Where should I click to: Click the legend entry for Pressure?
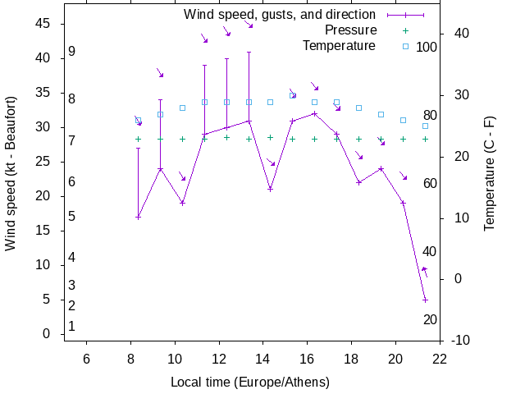click(x=351, y=30)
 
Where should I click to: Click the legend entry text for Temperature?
click(x=339, y=45)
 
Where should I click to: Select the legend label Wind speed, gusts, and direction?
click(x=280, y=15)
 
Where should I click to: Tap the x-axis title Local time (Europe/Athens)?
click(x=250, y=383)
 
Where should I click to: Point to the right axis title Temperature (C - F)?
click(x=490, y=172)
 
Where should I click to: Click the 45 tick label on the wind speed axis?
click(x=43, y=24)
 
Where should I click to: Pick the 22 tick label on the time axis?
click(x=440, y=358)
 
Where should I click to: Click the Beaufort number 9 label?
click(x=72, y=52)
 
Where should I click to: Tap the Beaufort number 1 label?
click(x=72, y=326)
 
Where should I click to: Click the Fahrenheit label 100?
click(x=427, y=47)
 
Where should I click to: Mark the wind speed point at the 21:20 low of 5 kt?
click(x=425, y=300)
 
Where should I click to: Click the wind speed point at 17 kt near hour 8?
click(x=138, y=217)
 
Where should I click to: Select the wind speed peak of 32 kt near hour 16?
click(x=314, y=113)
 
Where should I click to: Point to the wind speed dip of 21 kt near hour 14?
click(x=270, y=189)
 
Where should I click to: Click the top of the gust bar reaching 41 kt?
click(x=249, y=52)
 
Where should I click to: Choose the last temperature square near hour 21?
click(x=425, y=126)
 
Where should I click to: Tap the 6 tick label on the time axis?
click(x=86, y=358)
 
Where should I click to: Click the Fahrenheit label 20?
click(x=430, y=319)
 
